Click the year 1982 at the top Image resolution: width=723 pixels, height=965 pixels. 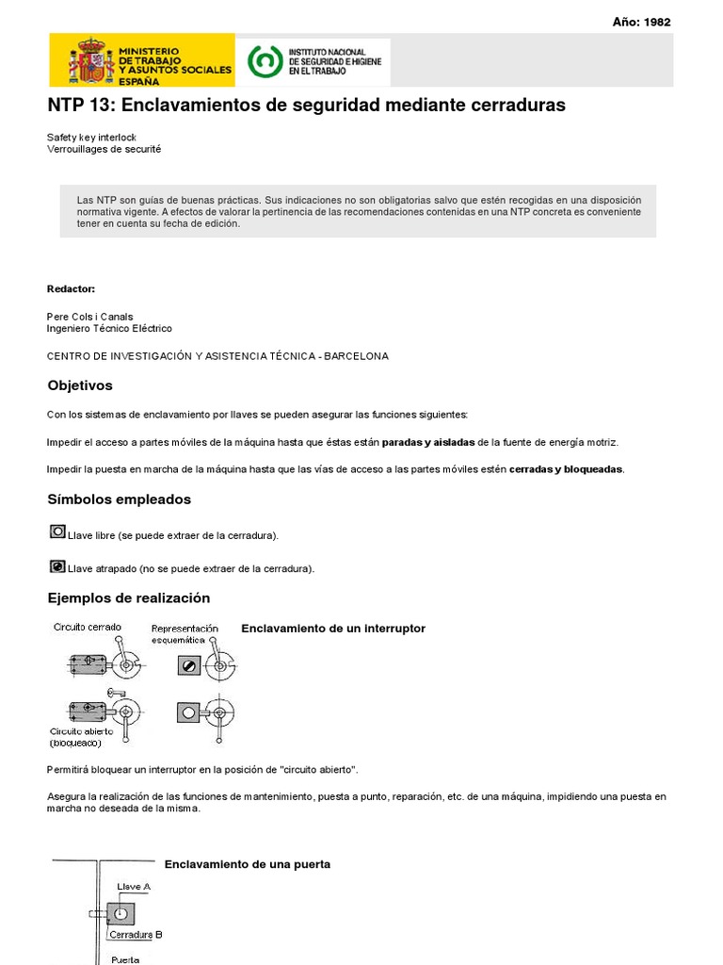click(x=657, y=23)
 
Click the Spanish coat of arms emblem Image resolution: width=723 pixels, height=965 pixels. click(x=91, y=61)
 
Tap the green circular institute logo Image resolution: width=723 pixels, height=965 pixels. click(x=264, y=61)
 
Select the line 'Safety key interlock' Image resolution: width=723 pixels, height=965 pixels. click(x=91, y=138)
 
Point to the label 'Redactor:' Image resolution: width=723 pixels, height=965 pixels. click(x=71, y=288)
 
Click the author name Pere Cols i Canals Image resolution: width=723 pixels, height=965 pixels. click(x=90, y=317)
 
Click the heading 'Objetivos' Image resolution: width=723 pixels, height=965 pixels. click(x=80, y=385)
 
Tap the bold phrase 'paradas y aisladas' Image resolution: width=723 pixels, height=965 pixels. click(x=428, y=442)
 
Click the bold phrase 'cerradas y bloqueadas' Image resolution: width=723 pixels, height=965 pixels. click(x=566, y=469)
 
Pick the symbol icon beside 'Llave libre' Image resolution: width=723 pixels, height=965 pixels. click(x=57, y=532)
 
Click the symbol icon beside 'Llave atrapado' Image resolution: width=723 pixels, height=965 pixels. click(x=57, y=566)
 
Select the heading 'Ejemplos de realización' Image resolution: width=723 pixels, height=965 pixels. click(x=129, y=598)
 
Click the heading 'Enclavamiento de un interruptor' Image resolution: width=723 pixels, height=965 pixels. click(x=333, y=629)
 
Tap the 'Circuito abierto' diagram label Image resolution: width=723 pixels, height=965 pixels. click(x=82, y=731)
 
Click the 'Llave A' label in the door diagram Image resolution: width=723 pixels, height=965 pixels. click(x=134, y=887)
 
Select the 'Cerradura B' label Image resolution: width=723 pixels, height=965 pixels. click(x=136, y=935)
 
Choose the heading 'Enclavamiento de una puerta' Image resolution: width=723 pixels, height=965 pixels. click(x=248, y=864)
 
